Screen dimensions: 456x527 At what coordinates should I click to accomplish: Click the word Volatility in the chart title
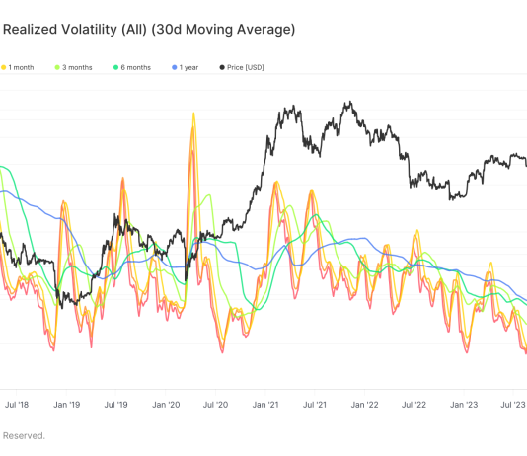97,30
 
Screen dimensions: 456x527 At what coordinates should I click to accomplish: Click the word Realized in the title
32,30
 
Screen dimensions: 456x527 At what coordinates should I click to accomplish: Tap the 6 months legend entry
136,67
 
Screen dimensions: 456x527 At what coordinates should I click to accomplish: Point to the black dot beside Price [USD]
221,67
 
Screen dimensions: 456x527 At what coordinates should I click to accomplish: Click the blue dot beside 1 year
174,67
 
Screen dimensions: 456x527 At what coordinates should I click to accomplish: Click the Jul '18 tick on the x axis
16,405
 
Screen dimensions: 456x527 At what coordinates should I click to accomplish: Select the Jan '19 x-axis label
66,405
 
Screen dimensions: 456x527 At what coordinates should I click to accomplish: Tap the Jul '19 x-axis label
116,405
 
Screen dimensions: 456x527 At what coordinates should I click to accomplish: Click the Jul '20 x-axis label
216,405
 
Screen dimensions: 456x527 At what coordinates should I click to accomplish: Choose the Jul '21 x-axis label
316,405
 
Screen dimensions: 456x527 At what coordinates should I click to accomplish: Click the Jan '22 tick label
366,405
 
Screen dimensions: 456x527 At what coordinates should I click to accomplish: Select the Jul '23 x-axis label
513,405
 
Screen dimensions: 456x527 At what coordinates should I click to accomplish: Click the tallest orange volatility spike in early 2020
191,115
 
